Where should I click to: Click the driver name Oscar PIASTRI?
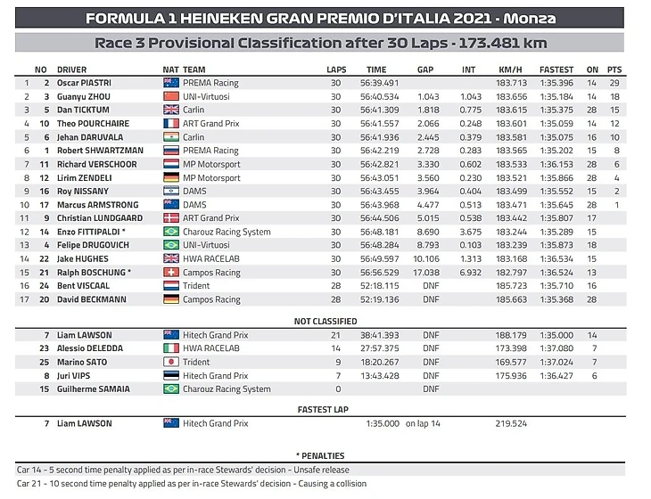point(84,83)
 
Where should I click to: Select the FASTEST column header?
point(556,69)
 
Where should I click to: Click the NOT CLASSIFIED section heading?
point(325,321)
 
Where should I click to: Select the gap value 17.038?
point(426,273)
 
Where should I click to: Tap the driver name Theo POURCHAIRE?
point(93,123)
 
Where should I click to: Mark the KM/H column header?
point(511,69)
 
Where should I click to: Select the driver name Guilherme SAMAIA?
point(94,389)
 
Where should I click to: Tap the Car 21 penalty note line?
point(192,484)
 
